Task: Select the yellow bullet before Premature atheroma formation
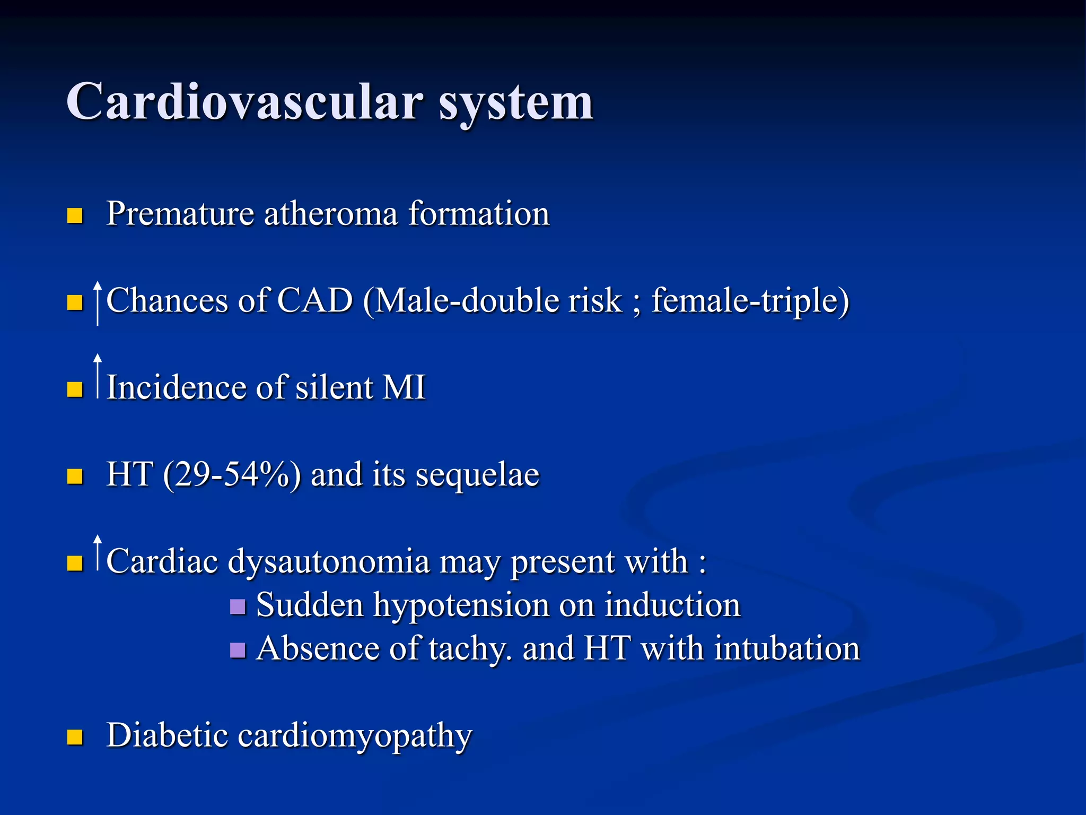coord(75,215)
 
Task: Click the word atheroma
coord(330,214)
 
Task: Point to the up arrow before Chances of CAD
coord(98,303)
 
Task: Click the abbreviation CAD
coord(315,301)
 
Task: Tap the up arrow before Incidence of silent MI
coord(98,376)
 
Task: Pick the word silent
coord(334,387)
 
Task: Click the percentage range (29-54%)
coord(232,475)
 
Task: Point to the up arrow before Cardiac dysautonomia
coord(98,553)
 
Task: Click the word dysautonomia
coord(328,562)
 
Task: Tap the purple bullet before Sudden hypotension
coord(238,606)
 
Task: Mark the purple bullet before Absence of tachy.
coord(238,650)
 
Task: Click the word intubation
coord(787,649)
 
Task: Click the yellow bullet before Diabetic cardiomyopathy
coord(75,737)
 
